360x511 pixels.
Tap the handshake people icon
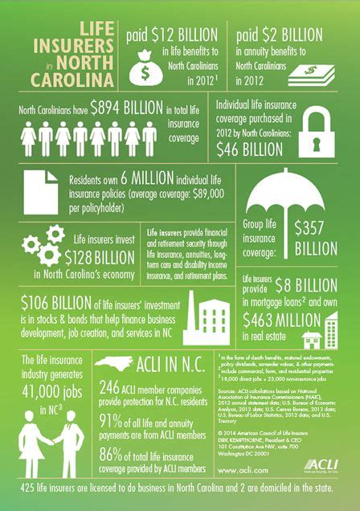[55, 433]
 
